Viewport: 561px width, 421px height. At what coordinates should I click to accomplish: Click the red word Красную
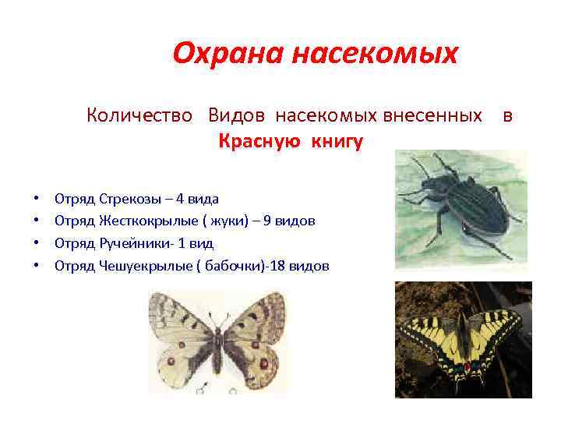coord(262,142)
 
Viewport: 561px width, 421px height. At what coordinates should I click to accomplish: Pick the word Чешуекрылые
coord(145,266)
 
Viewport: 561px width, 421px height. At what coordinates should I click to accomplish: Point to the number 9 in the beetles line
coord(268,221)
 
